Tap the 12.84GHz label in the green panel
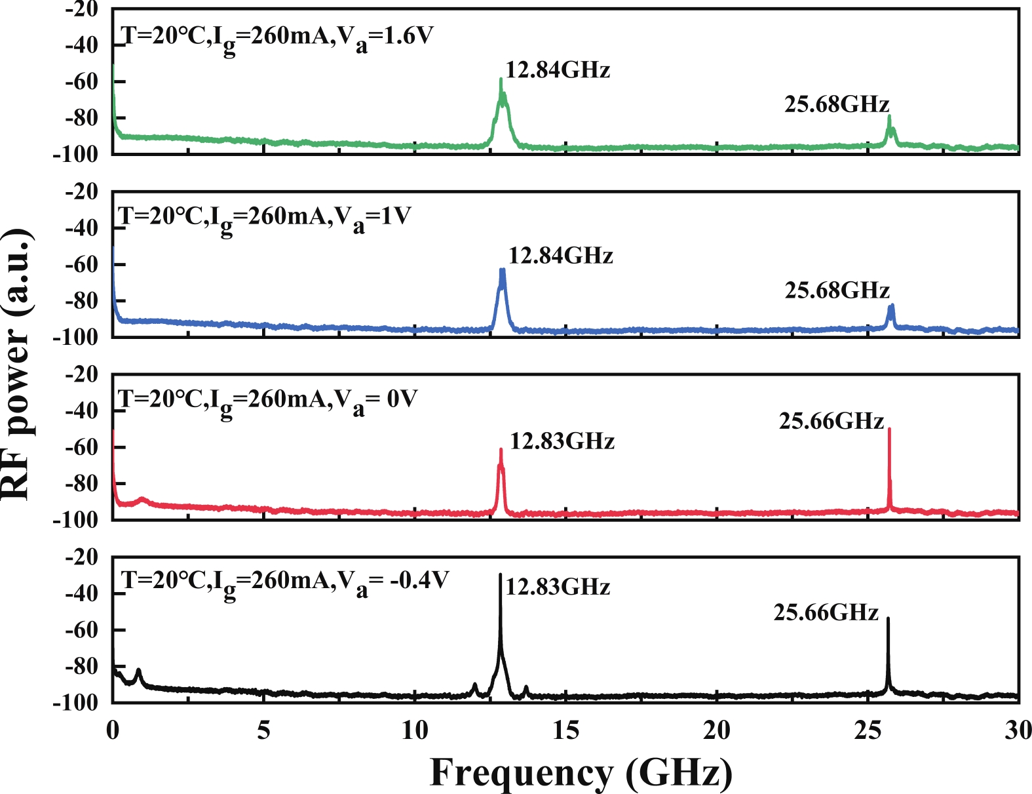tap(558, 69)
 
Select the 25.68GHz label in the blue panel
tap(837, 290)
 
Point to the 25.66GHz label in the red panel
tap(831, 421)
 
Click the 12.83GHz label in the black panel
tap(558, 587)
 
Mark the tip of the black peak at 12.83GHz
tap(501, 574)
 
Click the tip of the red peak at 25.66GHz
tap(889, 429)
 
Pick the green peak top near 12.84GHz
tap(501, 79)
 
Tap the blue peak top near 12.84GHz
tap(502, 269)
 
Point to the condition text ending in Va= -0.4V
tap(286, 582)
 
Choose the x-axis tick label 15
tap(565, 730)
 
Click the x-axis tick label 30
tap(1018, 730)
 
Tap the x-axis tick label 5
tap(263, 730)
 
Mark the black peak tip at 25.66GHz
tap(888, 618)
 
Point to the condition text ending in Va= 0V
tap(267, 400)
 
